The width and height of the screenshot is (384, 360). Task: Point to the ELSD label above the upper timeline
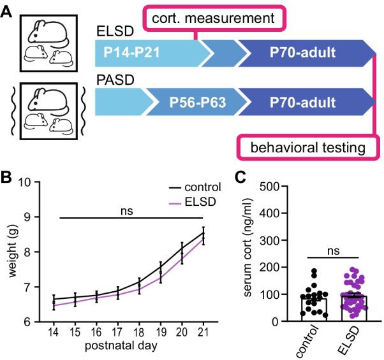click(x=112, y=31)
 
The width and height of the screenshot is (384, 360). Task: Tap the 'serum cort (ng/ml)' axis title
click(x=249, y=254)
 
